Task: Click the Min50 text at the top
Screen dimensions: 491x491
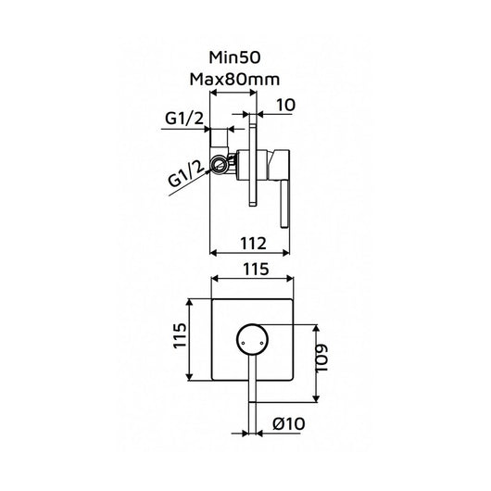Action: click(x=234, y=57)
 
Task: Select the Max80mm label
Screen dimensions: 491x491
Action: click(x=234, y=80)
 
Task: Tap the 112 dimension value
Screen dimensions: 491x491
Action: click(x=253, y=244)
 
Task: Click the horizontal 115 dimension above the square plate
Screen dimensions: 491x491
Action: click(x=256, y=269)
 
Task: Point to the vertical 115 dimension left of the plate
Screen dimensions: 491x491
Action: click(x=180, y=335)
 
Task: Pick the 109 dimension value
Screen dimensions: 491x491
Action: click(x=321, y=359)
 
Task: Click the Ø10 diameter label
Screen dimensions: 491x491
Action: click(x=288, y=424)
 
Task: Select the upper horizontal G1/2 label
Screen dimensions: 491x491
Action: click(x=184, y=119)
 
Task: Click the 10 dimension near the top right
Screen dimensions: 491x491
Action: click(x=285, y=105)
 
